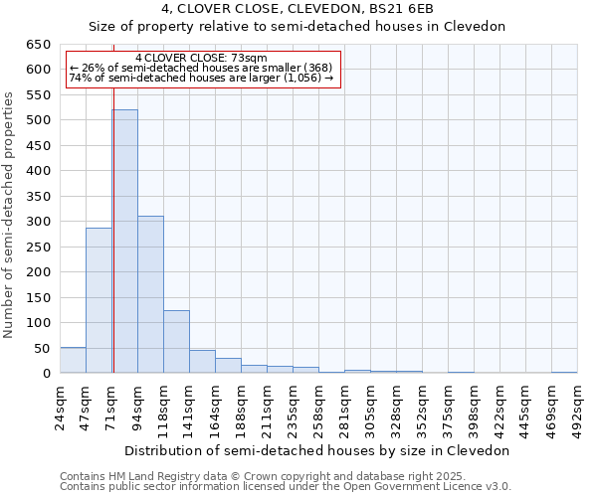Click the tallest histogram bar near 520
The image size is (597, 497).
(x=124, y=242)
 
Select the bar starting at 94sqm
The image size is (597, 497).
(x=150, y=294)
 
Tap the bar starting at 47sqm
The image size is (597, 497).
(x=99, y=300)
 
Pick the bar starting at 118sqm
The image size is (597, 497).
(x=176, y=342)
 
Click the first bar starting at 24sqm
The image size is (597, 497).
(x=73, y=361)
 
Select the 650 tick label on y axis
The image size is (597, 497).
(x=38, y=45)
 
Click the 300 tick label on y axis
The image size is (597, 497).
(x=38, y=222)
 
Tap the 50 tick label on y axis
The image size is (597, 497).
(x=42, y=348)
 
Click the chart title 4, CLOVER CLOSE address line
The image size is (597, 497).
(x=298, y=9)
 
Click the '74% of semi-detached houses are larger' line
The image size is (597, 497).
(x=201, y=79)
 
